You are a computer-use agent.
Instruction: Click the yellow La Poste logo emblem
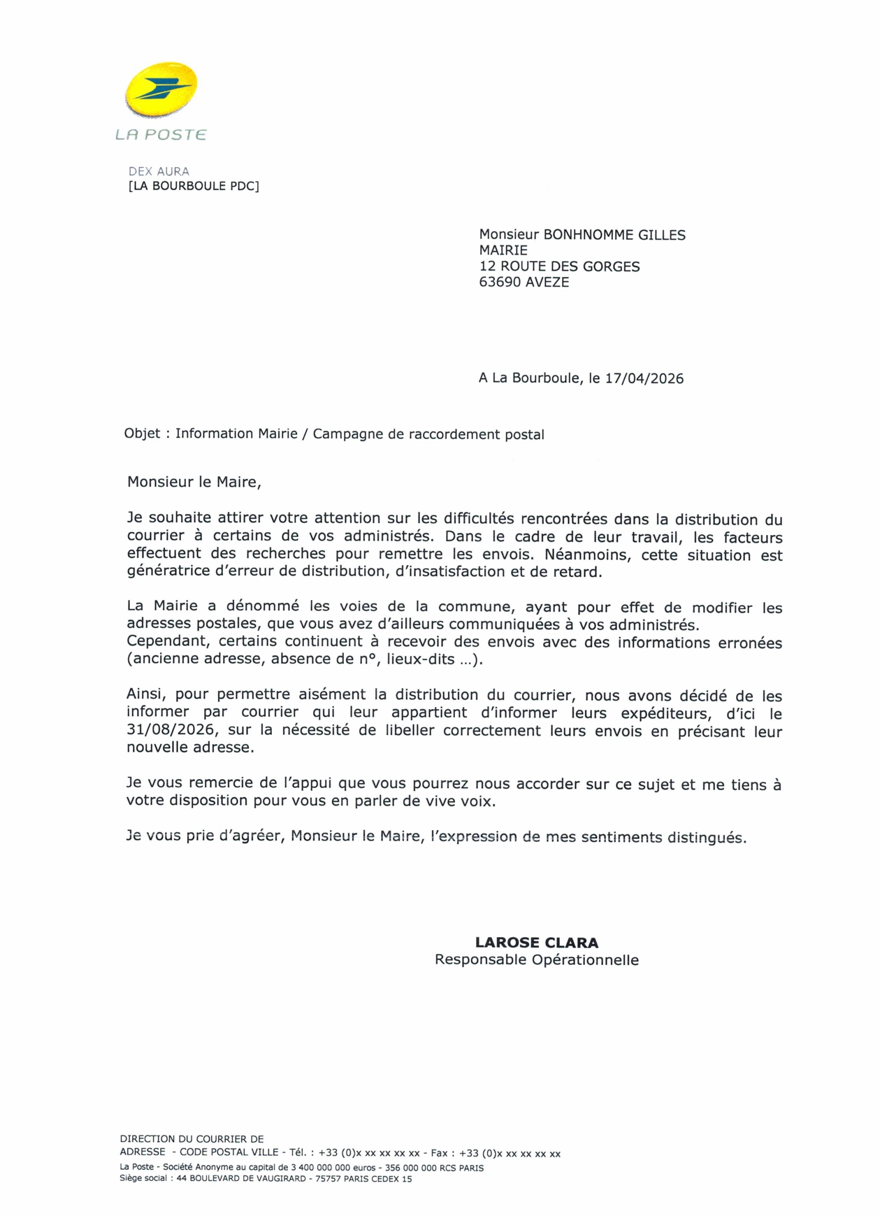[x=161, y=89]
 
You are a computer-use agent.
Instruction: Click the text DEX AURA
[x=159, y=171]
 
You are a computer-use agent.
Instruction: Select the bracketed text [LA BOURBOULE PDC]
[x=194, y=186]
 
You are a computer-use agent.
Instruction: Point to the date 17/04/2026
[x=644, y=379]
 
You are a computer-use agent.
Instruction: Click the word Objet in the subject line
[x=142, y=434]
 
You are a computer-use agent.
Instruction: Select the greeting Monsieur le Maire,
[x=194, y=482]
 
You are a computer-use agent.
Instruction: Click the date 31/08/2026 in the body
[x=170, y=731]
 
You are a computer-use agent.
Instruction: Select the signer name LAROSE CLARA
[x=537, y=943]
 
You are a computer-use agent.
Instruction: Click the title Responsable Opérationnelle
[x=537, y=960]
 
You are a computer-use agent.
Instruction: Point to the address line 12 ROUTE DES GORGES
[x=559, y=266]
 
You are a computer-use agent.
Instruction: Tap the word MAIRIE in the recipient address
[x=503, y=250]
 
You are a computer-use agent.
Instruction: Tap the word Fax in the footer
[x=439, y=1154]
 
